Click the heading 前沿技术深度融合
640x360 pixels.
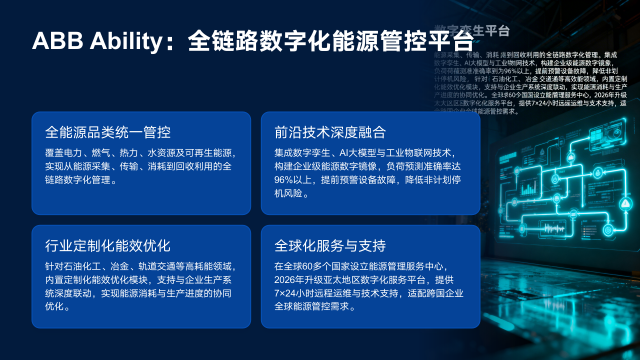(330, 132)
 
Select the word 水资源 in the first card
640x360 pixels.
(162, 151)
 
